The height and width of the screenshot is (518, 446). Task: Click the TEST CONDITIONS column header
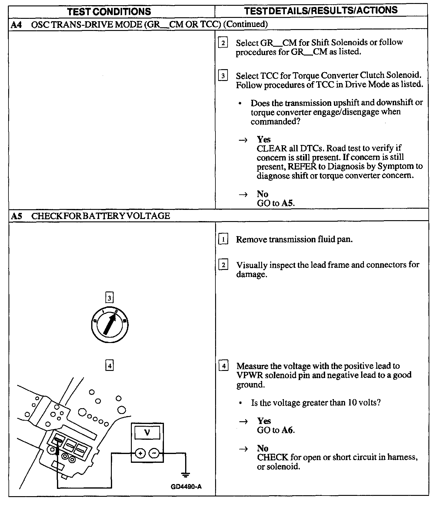[x=109, y=12]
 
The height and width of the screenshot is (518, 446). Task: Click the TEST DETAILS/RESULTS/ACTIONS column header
[x=321, y=11]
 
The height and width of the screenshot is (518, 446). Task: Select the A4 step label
[x=16, y=24]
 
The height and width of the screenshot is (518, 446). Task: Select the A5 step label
[x=17, y=216]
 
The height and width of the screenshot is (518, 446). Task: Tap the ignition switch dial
[x=109, y=325]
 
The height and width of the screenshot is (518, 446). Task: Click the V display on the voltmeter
[x=147, y=432]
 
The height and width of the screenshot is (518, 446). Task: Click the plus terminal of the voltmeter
[x=140, y=453]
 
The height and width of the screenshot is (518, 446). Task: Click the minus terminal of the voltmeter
[x=154, y=453]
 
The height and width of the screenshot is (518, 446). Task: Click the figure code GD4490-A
[x=186, y=487]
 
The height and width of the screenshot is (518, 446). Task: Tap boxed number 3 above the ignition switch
[x=109, y=298]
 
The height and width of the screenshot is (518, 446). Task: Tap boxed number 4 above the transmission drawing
[x=109, y=366]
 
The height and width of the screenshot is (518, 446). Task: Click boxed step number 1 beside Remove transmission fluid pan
[x=223, y=240]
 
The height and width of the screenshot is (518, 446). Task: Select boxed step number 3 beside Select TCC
[x=223, y=76]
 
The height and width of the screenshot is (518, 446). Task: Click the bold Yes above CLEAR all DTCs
[x=264, y=140]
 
